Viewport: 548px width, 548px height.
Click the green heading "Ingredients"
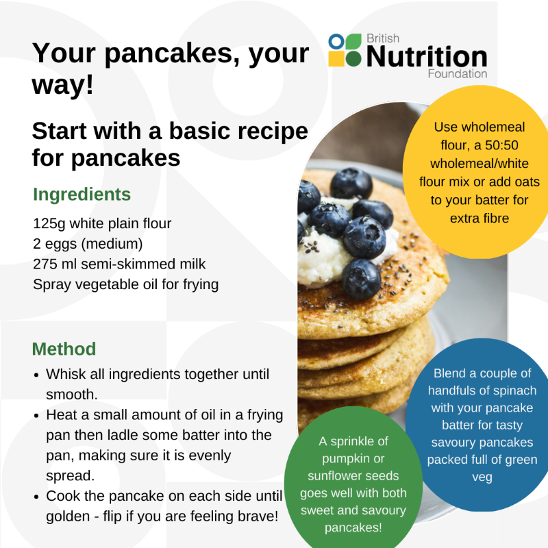click(82, 195)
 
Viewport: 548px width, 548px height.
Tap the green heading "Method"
click(64, 349)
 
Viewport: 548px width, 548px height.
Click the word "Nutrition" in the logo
click(427, 56)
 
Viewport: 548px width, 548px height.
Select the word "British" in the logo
click(383, 38)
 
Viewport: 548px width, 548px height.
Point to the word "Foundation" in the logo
click(458, 74)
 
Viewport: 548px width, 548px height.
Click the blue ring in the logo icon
click(336, 42)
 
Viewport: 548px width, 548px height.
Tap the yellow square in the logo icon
click(336, 59)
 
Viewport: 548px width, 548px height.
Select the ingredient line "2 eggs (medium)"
click(88, 244)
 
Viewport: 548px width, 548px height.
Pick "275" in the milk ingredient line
click(45, 264)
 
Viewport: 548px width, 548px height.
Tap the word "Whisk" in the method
click(65, 374)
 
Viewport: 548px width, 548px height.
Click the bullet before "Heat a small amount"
click(36, 416)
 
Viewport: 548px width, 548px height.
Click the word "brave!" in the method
click(258, 516)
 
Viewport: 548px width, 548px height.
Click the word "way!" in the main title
click(63, 84)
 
